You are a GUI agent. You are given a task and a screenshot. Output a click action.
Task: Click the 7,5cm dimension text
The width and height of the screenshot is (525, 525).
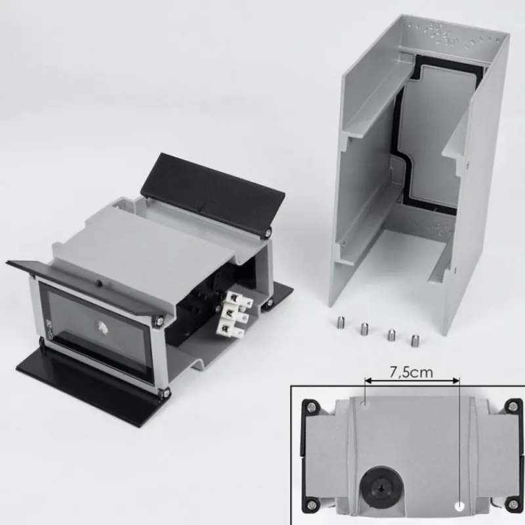411,372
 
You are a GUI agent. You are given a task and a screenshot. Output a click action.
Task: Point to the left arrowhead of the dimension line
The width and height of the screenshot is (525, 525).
368,381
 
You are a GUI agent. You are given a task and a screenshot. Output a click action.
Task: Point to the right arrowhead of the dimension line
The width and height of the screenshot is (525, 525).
456,381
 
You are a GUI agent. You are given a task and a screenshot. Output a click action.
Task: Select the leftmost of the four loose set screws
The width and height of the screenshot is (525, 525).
340,322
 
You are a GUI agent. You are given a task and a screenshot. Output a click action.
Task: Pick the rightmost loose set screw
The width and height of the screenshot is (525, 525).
415,340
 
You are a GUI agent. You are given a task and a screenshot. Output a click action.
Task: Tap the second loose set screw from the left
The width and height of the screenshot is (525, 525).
364,329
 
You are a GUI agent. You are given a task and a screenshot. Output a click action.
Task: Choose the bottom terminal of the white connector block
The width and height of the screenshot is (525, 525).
228,328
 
